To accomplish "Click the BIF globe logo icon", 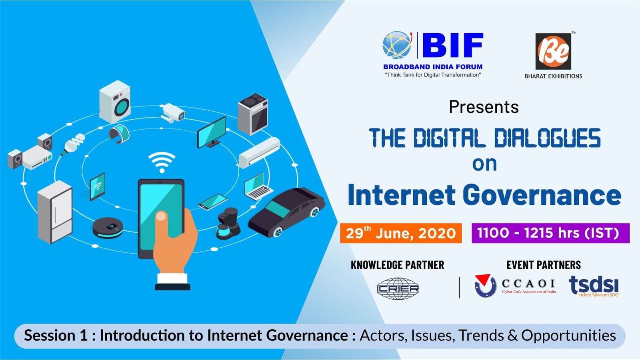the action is point(398,45).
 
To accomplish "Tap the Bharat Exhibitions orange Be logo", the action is point(553,52).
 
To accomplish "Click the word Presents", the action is point(484,107).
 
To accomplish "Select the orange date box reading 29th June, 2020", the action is point(401,233).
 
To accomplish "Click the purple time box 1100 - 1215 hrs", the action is point(550,233).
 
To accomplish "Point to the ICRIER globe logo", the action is point(398,288).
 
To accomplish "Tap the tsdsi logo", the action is point(594,286).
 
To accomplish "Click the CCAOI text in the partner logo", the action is point(528,284).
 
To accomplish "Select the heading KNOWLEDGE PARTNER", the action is point(398,265).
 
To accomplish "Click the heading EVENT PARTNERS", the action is point(544,265).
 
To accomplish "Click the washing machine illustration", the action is point(115,102).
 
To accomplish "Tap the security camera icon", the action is point(172,113).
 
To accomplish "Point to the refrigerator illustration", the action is point(54,212).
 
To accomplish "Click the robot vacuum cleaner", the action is point(108,228).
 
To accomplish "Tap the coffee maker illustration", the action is point(228,224).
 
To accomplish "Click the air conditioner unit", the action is point(260,153).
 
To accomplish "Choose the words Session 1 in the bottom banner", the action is point(56,336).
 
